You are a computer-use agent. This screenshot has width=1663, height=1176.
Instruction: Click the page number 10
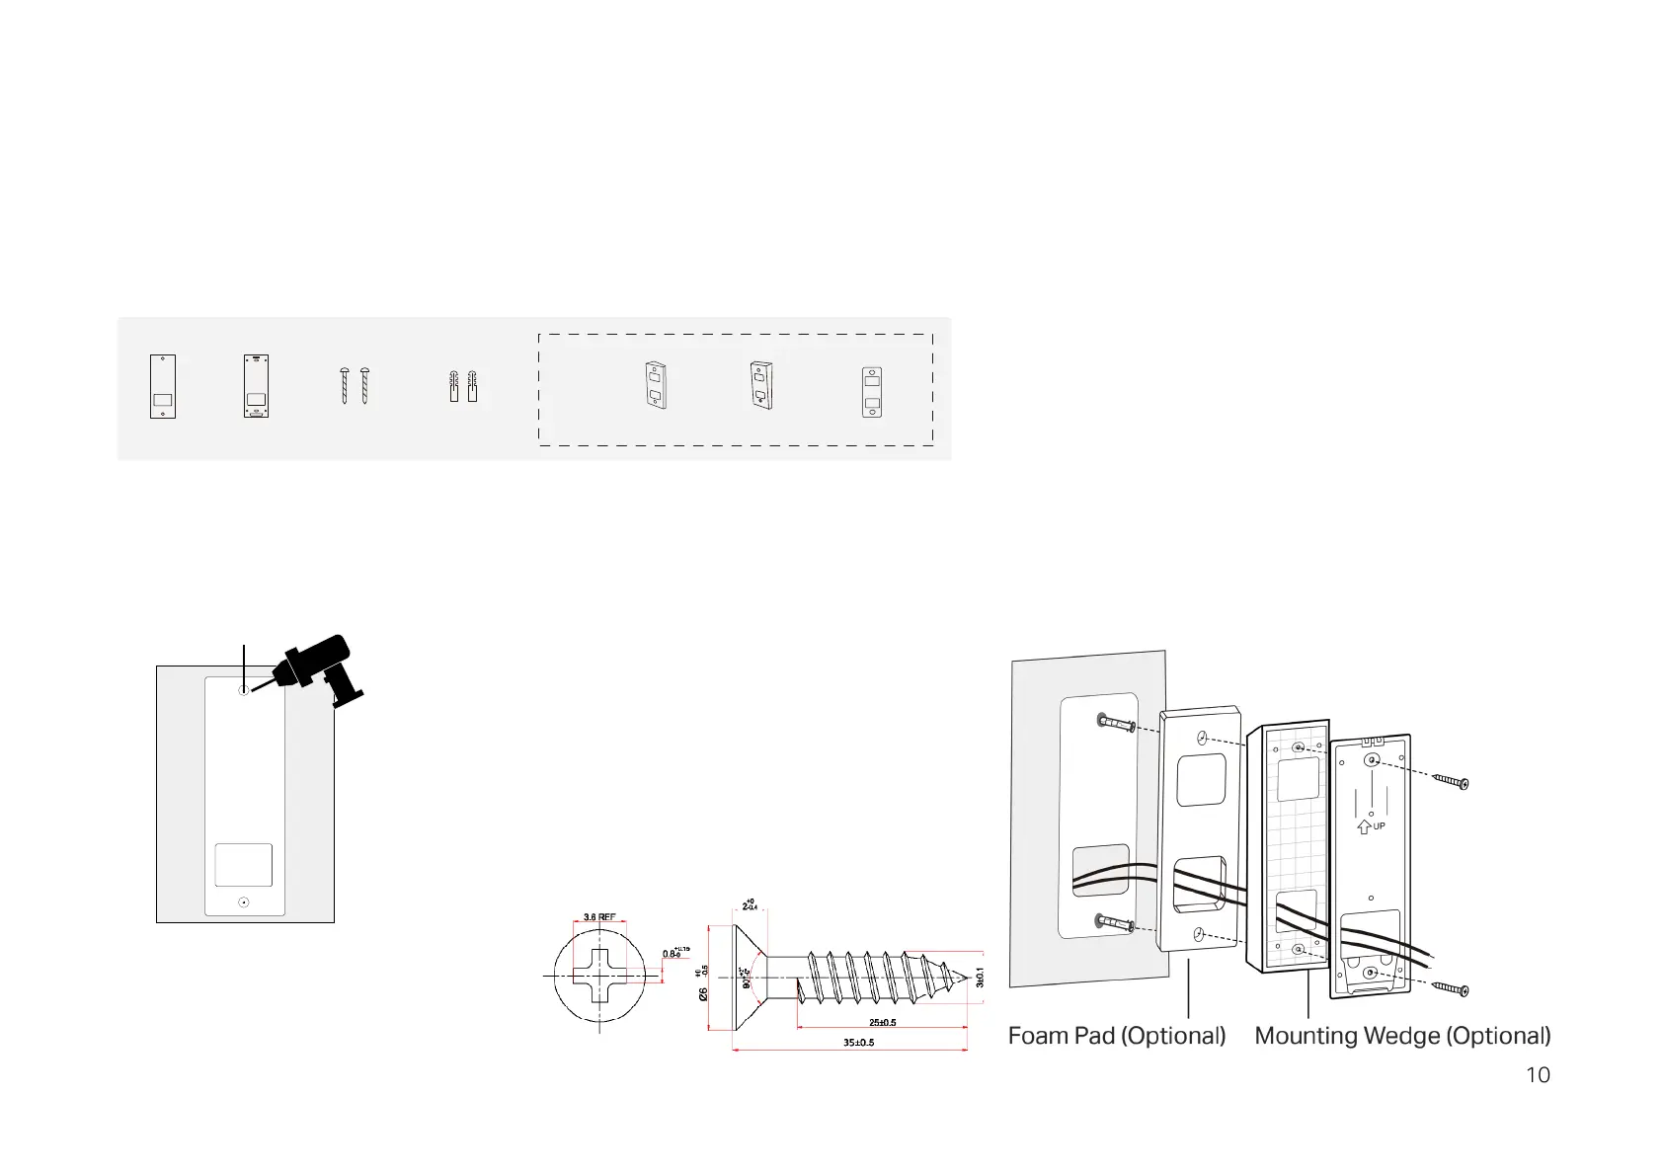(1538, 1075)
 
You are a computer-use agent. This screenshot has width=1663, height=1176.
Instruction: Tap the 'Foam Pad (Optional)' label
(1116, 1036)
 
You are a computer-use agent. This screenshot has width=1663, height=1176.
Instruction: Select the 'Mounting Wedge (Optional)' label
(1402, 1036)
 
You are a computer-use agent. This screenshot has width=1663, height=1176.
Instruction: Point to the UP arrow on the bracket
(1364, 826)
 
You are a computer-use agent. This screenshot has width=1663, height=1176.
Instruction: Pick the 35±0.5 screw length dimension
(858, 1043)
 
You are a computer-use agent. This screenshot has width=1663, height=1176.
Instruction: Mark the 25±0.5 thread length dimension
(882, 1022)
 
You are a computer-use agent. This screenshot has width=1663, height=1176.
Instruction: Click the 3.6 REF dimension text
(599, 917)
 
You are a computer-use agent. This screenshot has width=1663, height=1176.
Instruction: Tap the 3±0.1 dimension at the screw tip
(980, 977)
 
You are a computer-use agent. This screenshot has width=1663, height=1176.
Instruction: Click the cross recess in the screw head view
(599, 976)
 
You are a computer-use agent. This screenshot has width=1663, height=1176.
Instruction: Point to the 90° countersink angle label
(747, 977)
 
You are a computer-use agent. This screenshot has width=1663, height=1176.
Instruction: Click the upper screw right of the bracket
(1451, 782)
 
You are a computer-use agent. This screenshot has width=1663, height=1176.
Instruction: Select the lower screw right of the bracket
(1451, 988)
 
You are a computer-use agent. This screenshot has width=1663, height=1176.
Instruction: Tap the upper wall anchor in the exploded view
(1115, 724)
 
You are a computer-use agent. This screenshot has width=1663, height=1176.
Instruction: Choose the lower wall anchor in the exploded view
(1115, 923)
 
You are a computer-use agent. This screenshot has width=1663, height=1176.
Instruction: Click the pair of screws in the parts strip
(355, 386)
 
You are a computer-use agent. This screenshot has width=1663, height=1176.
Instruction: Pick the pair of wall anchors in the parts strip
(462, 386)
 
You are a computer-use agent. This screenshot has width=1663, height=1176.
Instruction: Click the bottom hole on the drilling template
(244, 902)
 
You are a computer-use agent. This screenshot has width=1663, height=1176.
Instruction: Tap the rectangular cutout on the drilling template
(244, 865)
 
